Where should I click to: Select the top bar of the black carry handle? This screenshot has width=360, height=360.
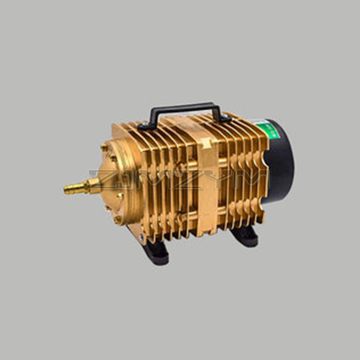[x=185, y=106]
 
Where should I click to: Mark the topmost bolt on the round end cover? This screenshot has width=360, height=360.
[x=104, y=148]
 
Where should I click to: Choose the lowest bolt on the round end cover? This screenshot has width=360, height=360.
[x=117, y=219]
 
